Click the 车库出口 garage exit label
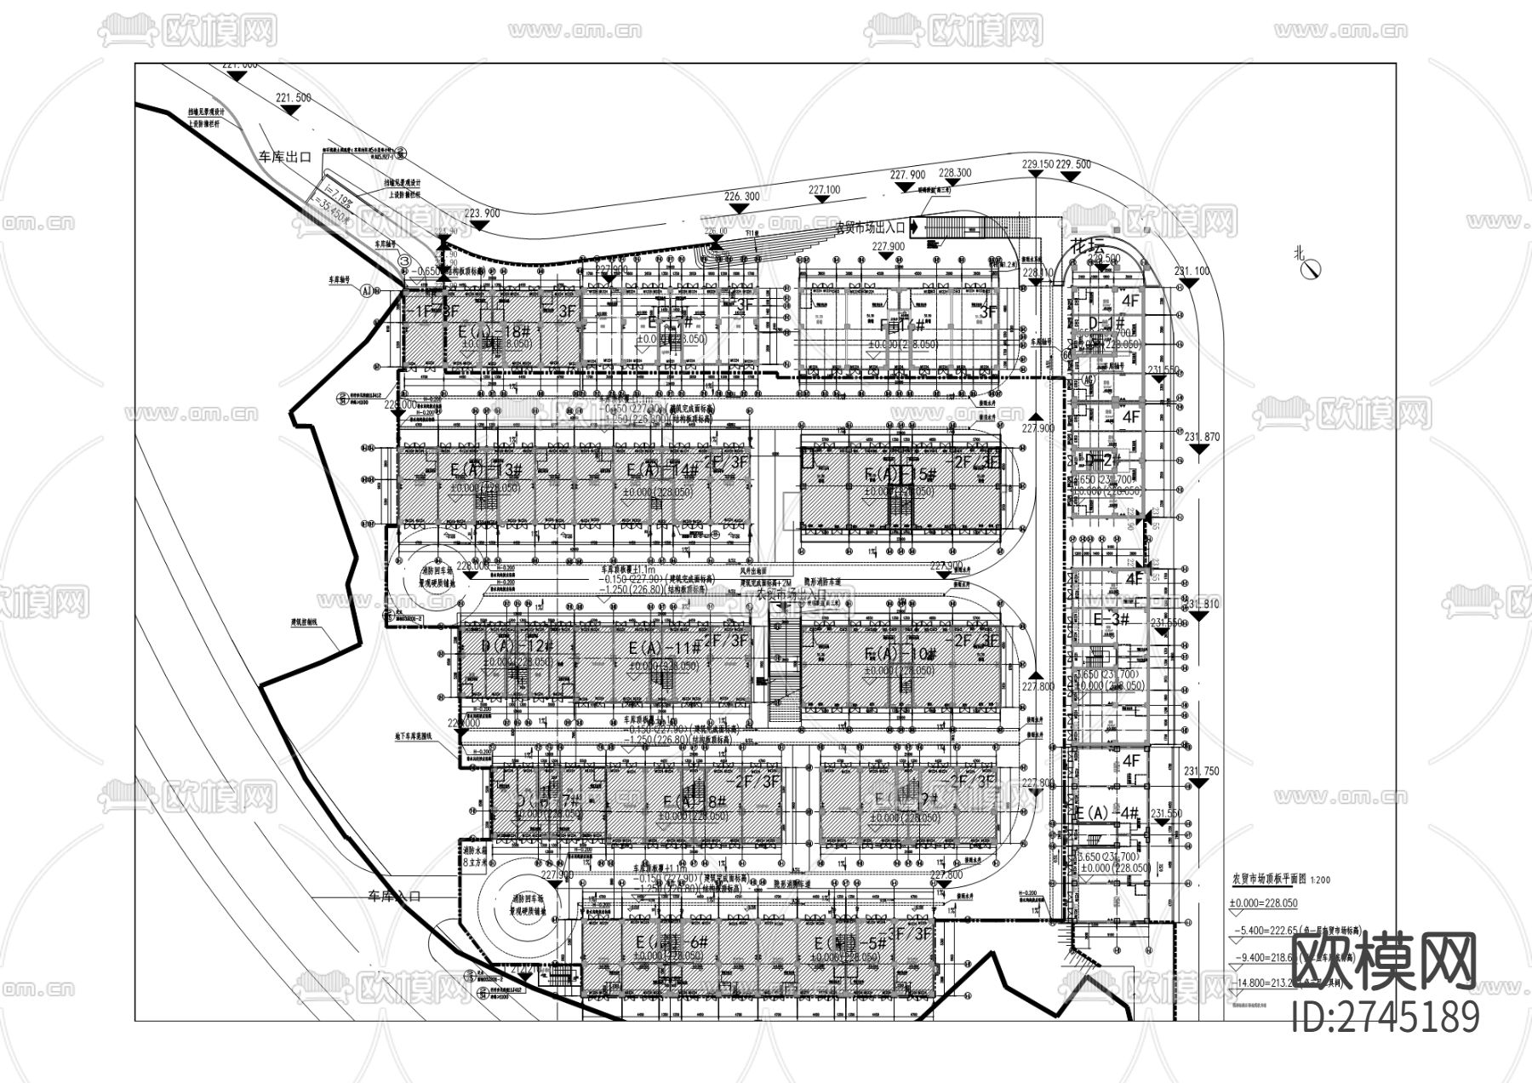pos(285,157)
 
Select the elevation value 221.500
pos(294,98)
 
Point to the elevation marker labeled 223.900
pos(479,214)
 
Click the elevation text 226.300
pos(741,196)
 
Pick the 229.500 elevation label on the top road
pos(1074,164)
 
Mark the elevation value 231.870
pos(1202,438)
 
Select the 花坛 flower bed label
pos(1087,245)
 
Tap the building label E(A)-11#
pos(663,650)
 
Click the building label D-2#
pos(1105,460)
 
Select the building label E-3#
pos(1111,619)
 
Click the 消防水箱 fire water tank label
pos(473,856)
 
